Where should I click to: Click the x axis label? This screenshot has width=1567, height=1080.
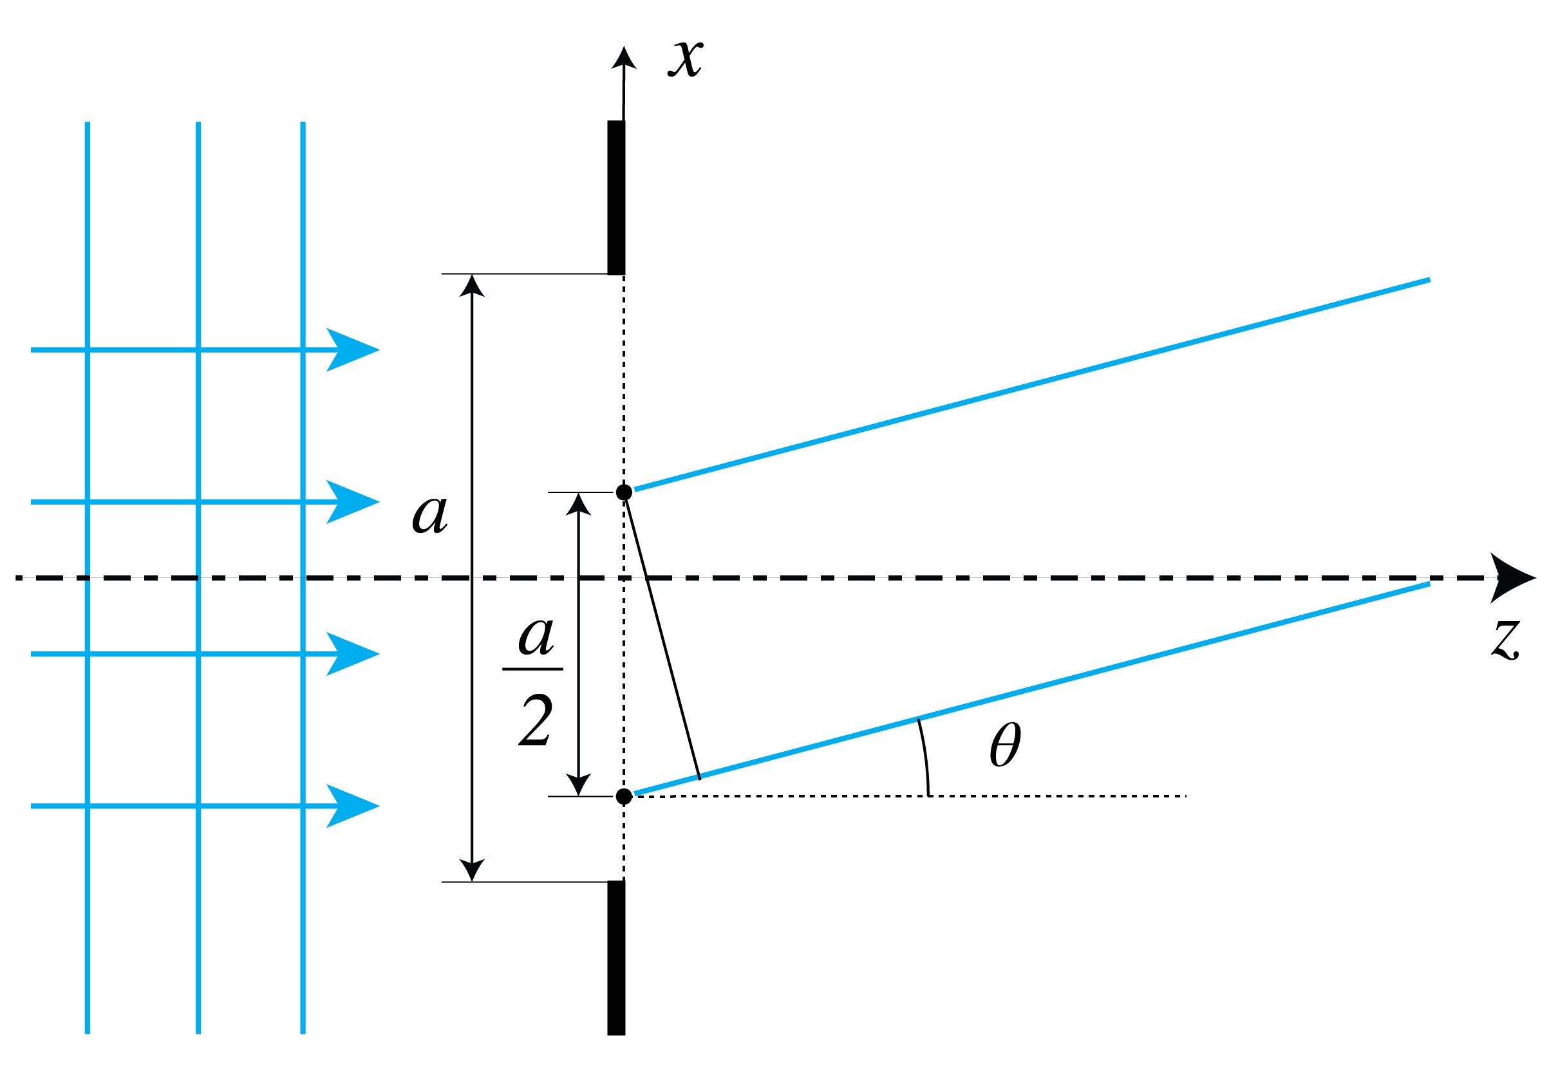(685, 60)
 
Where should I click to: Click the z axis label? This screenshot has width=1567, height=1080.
(1505, 640)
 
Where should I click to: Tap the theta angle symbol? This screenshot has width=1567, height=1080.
(1004, 745)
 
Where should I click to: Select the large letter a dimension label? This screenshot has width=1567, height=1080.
(430, 514)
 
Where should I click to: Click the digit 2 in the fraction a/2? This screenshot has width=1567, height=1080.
(536, 722)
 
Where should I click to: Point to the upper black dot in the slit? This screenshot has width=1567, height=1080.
(624, 492)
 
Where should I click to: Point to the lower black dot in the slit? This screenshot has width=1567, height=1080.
(624, 796)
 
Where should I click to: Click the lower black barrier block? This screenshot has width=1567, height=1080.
(616, 957)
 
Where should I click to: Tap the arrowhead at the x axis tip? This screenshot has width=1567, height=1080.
(624, 58)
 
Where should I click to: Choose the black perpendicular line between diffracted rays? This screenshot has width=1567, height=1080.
(663, 640)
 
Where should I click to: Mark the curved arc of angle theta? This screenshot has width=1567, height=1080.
(925, 758)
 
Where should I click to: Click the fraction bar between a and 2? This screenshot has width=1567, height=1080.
(532, 669)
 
